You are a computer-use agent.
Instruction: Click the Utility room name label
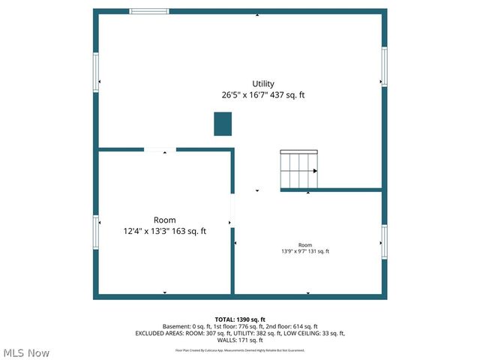[x=263, y=84]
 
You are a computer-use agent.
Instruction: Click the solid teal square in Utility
[x=223, y=124]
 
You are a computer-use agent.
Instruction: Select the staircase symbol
[x=298, y=170]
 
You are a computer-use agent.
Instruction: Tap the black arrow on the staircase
[x=315, y=171]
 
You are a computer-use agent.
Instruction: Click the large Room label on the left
[x=165, y=220]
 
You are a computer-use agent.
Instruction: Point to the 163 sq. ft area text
[x=189, y=231]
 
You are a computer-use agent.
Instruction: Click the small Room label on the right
[x=305, y=245]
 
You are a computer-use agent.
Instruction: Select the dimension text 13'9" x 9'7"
[x=296, y=251]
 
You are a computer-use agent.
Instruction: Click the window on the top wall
[x=149, y=11]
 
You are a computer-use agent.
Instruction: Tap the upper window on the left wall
[x=96, y=72]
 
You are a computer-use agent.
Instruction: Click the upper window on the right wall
[x=384, y=67]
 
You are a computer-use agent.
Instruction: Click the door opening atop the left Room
[x=160, y=150]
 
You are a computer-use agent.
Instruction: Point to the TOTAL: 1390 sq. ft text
[x=240, y=319]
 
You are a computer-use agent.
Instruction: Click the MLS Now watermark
[x=26, y=352]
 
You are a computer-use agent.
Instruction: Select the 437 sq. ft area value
[x=291, y=95]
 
